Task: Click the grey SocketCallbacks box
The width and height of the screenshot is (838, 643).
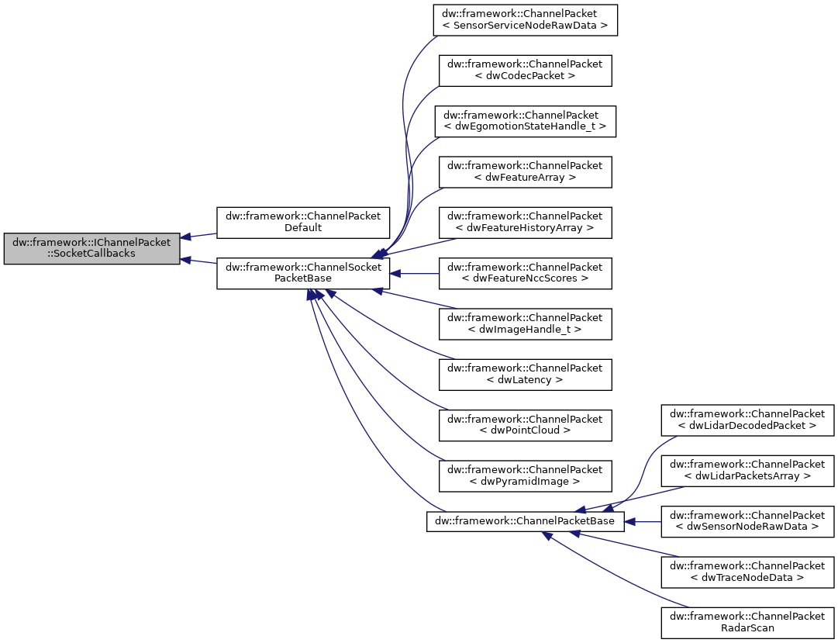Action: click(x=91, y=248)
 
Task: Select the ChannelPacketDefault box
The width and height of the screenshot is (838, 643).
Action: click(x=302, y=223)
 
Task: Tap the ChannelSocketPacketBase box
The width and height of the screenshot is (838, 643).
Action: click(x=302, y=273)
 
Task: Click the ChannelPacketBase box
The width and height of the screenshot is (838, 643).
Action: click(x=525, y=521)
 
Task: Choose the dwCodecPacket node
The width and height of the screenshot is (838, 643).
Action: click(x=526, y=71)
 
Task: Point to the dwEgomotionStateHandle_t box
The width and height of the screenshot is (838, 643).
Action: click(x=525, y=121)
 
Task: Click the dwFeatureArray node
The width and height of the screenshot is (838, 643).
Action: click(x=526, y=171)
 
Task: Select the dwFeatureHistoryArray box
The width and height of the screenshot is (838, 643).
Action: click(x=526, y=223)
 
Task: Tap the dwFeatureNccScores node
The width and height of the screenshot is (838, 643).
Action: click(x=526, y=273)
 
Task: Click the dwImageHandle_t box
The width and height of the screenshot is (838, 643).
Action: click(x=526, y=323)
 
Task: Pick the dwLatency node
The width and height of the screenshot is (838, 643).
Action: click(x=526, y=374)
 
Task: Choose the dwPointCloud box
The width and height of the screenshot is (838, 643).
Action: click(x=526, y=424)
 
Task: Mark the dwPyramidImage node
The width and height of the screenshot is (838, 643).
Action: click(x=526, y=475)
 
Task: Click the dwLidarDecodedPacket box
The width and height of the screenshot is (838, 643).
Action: click(x=747, y=420)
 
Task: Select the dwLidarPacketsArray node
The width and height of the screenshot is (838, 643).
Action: click(x=747, y=470)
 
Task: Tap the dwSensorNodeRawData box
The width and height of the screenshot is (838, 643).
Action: click(x=747, y=521)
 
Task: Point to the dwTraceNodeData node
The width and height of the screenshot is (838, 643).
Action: click(x=747, y=572)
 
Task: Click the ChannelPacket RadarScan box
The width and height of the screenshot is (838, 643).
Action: click(x=747, y=622)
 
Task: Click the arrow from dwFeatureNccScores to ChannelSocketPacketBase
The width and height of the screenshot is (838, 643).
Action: click(x=415, y=273)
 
